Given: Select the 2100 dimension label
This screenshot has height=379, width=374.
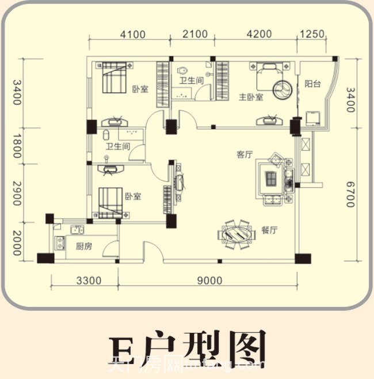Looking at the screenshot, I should (x=195, y=34).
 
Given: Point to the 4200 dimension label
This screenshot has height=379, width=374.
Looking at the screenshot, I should (x=258, y=34).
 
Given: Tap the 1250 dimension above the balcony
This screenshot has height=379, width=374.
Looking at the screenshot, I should (x=314, y=34).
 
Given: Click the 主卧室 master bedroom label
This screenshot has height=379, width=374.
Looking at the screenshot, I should (x=251, y=97).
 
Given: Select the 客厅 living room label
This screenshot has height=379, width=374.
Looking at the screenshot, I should (x=245, y=154).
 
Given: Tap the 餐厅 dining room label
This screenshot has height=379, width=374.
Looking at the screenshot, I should (x=269, y=230).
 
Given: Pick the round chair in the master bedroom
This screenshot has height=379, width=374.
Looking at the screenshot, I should (x=284, y=90).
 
